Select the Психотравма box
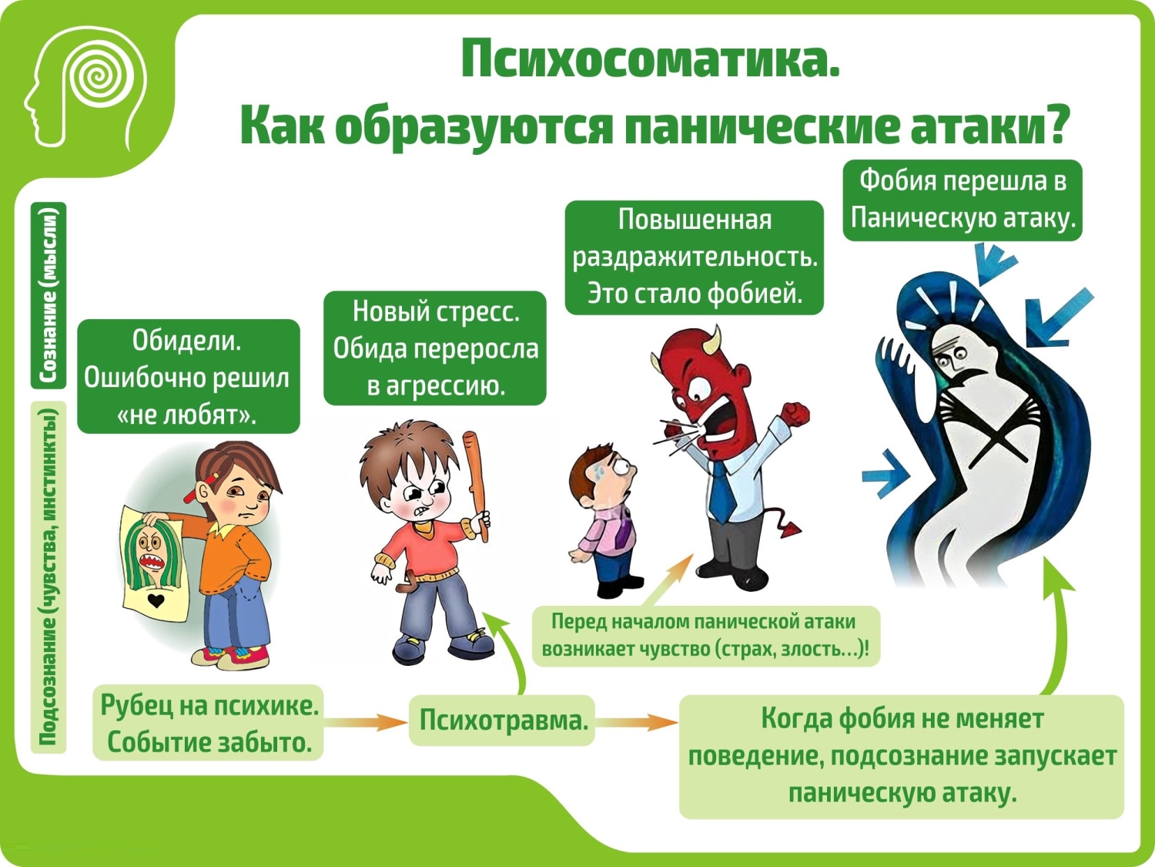click(502, 720)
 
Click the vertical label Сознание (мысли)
click(49, 295)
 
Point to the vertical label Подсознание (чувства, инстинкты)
click(49, 577)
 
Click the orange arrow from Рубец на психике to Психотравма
click(366, 721)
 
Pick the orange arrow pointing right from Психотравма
click(638, 721)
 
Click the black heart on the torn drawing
click(156, 600)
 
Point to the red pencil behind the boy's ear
click(201, 487)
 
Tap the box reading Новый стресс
click(434, 348)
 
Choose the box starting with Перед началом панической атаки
click(705, 636)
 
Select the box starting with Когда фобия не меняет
click(902, 757)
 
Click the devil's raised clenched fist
click(795, 413)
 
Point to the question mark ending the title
click(1050, 126)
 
